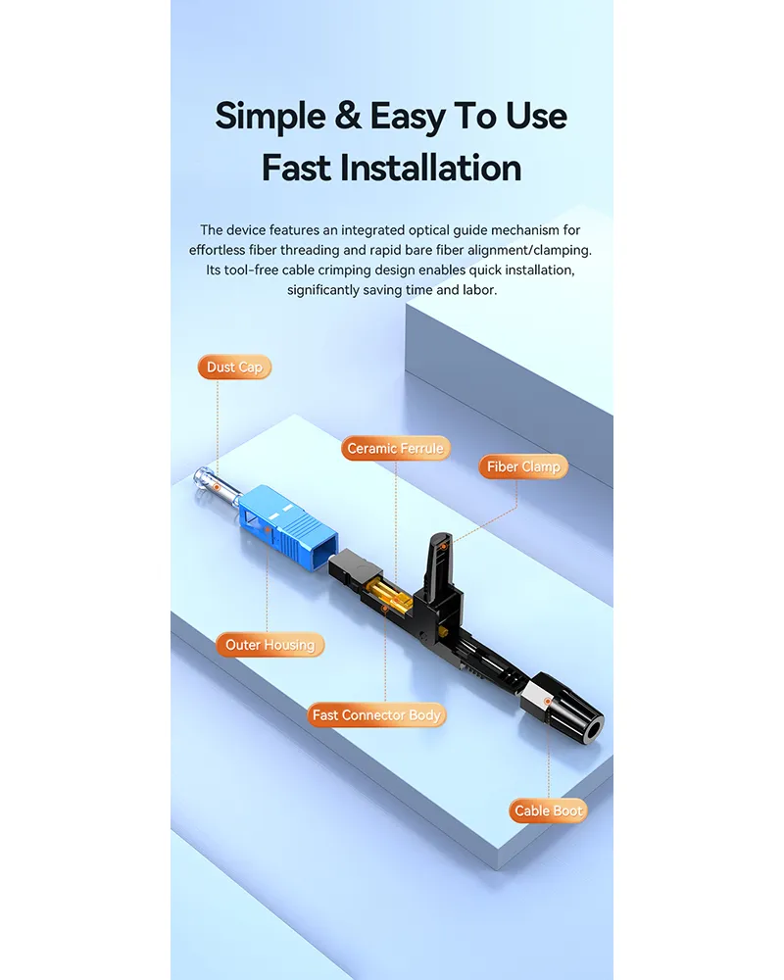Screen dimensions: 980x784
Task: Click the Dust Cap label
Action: tap(234, 367)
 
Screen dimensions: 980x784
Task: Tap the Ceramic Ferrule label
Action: tap(395, 449)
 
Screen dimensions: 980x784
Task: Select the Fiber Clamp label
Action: tap(523, 467)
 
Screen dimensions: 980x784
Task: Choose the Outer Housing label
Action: tap(269, 645)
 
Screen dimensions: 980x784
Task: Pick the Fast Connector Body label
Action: tap(376, 715)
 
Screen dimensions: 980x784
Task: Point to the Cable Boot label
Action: tap(549, 810)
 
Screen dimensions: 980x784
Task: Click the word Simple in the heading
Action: tap(269, 116)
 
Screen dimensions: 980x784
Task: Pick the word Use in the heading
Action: tap(536, 116)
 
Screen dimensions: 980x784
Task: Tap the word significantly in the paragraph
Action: tap(334, 290)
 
